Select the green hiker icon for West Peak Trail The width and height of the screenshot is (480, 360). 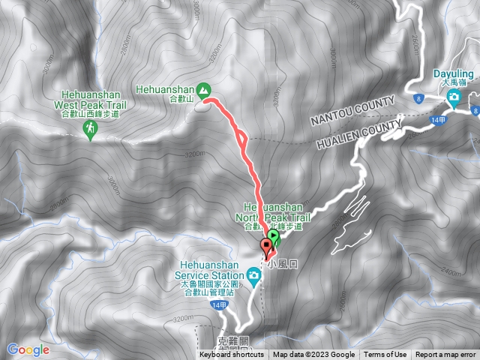(x=91, y=130)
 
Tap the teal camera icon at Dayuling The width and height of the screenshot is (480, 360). (x=454, y=96)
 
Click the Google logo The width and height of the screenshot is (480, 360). (x=28, y=349)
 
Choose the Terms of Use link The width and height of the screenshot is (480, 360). (x=385, y=355)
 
